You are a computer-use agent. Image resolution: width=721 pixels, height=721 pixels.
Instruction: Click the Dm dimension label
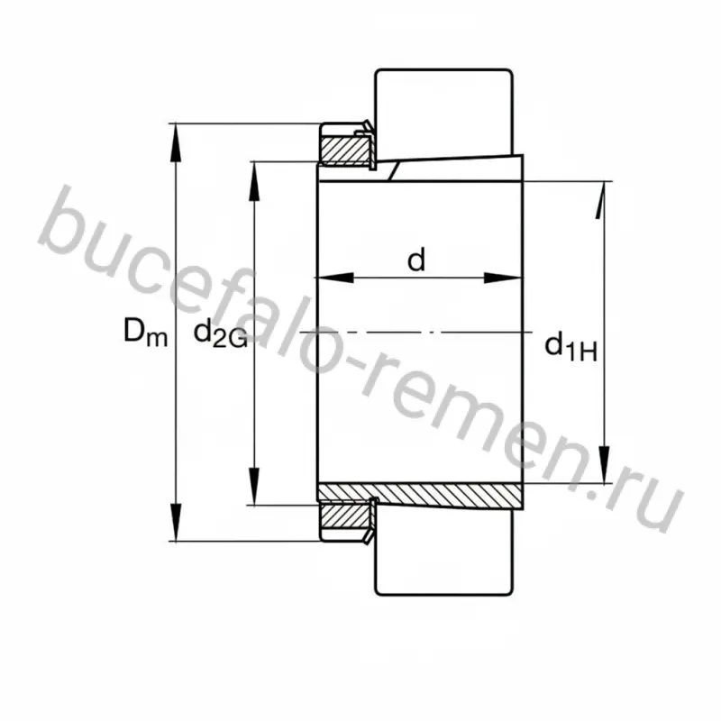point(145,332)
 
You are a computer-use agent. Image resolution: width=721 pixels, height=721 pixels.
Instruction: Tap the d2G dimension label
point(221,333)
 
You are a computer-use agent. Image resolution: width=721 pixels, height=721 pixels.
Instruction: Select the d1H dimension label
point(570,347)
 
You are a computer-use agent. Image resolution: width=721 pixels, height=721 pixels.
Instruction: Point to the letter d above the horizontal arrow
point(416,260)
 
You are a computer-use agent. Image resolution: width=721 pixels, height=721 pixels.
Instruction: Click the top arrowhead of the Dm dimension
point(175,142)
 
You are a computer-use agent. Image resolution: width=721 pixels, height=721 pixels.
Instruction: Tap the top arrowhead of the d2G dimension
point(254,181)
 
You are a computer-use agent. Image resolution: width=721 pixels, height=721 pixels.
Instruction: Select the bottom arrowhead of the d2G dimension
point(254,486)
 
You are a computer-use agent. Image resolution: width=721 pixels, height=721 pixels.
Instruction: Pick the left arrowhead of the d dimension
point(334,278)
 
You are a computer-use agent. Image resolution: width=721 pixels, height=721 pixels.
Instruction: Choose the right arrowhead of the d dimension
point(503,278)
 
